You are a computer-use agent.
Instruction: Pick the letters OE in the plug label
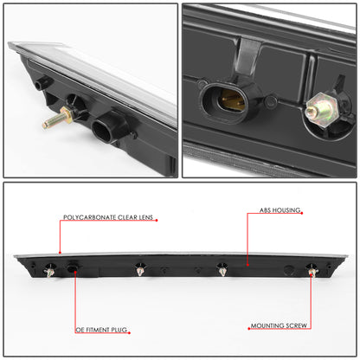77,329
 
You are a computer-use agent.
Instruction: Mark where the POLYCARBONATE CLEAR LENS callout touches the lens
60,252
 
